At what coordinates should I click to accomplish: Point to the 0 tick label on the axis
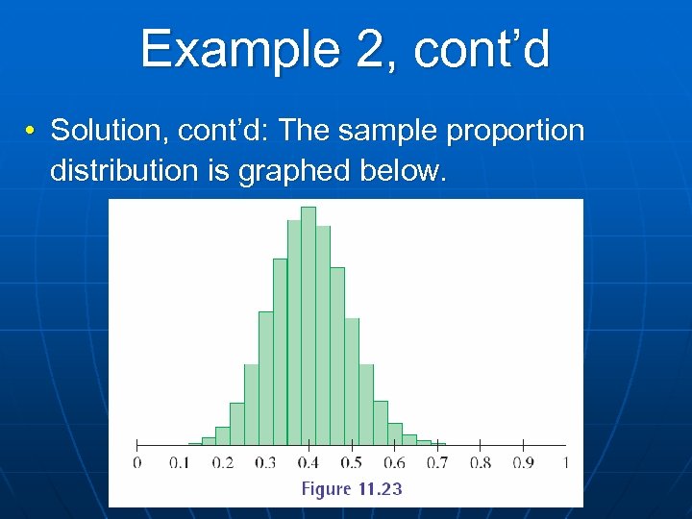(136, 463)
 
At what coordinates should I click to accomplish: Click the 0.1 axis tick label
(179, 463)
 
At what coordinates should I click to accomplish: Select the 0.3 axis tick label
(264, 463)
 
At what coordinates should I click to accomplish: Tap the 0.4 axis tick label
(308, 463)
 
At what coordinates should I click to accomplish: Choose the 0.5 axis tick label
(351, 463)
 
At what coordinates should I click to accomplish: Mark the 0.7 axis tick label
(436, 463)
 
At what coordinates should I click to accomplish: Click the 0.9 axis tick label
(522, 463)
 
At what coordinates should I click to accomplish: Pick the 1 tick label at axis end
(565, 463)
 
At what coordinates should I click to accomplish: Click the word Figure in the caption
(326, 489)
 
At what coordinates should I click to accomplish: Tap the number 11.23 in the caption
(380, 489)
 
